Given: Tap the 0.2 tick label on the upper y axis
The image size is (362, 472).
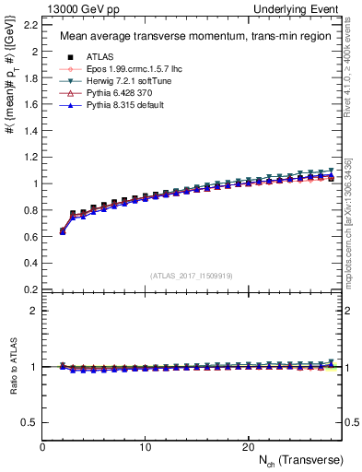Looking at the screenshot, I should click(x=30, y=289).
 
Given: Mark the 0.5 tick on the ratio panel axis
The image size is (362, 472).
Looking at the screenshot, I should click(x=30, y=422).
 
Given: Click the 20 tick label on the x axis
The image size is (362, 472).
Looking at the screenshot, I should click(x=247, y=447).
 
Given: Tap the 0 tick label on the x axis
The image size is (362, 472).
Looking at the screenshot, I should click(x=42, y=447).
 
